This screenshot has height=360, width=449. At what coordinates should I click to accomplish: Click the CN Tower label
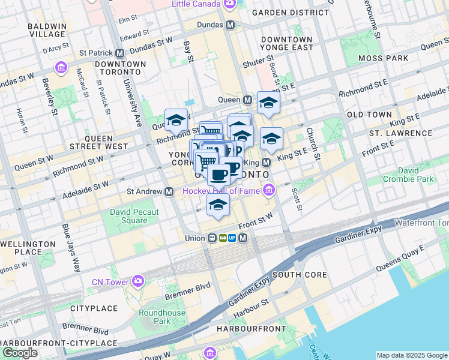point(111,282)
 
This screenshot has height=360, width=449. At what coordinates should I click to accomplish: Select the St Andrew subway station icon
point(170,191)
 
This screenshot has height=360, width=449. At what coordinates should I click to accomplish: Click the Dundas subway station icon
point(229,25)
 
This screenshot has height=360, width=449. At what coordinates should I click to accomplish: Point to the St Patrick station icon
point(120,53)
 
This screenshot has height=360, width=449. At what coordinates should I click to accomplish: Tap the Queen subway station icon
point(247,100)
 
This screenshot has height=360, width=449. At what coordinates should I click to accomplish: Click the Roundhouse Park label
point(162,317)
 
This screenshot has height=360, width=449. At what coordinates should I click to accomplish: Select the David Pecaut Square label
point(134,216)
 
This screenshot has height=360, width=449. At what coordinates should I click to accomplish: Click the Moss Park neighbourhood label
point(383,58)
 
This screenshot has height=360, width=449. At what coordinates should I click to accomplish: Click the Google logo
point(20,353)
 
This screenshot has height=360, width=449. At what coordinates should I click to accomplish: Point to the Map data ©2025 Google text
point(412,355)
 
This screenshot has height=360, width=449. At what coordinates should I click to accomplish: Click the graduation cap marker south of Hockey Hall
point(218,205)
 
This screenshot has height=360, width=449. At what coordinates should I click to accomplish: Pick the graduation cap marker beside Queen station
point(268,103)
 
